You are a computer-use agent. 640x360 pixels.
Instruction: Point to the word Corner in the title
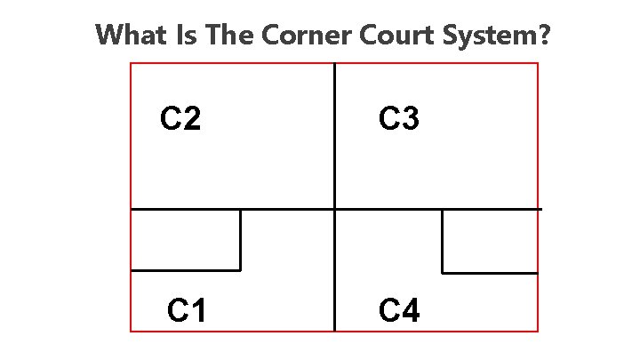[296, 36]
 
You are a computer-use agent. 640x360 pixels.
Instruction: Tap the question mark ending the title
[543, 36]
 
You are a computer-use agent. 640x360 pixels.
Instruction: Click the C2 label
[180, 118]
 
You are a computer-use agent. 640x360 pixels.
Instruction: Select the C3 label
[399, 118]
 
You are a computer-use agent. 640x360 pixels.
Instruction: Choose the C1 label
[188, 311]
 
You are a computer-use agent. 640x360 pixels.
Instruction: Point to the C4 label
[399, 311]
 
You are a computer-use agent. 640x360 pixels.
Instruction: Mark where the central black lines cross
[334, 209]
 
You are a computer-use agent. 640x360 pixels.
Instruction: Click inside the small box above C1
[186, 239]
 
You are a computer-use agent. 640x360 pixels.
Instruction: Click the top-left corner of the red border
[131, 63]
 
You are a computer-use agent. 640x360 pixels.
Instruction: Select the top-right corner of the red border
[539, 63]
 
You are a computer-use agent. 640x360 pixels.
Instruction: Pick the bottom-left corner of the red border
[131, 332]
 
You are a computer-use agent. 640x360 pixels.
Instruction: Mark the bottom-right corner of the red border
[539, 332]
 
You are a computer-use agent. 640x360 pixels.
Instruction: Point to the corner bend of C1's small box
[240, 269]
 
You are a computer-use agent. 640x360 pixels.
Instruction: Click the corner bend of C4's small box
[443, 273]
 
